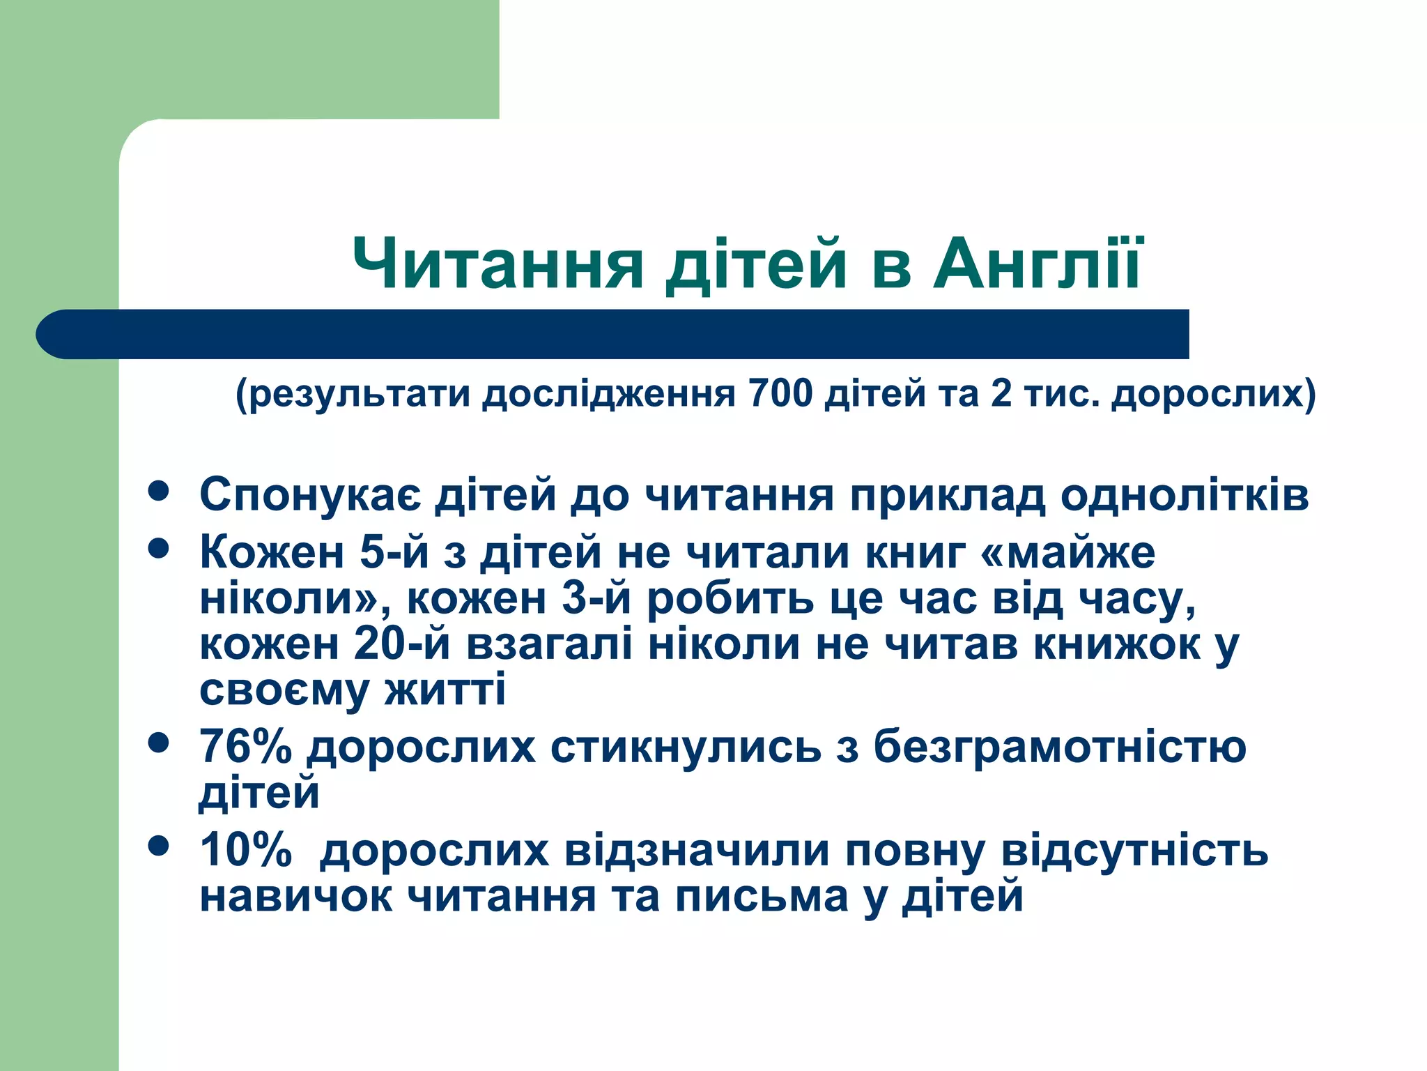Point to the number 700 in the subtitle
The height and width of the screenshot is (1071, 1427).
(780, 393)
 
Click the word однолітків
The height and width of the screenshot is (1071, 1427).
(1185, 495)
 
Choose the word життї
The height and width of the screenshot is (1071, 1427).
(445, 690)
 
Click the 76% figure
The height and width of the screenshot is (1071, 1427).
(245, 746)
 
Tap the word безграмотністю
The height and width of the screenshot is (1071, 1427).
(1059, 746)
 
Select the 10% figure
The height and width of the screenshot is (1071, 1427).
(245, 851)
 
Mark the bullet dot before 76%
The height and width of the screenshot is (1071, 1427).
(159, 743)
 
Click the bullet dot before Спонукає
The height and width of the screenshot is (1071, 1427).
(159, 490)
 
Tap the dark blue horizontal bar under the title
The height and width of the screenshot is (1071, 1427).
(613, 334)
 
